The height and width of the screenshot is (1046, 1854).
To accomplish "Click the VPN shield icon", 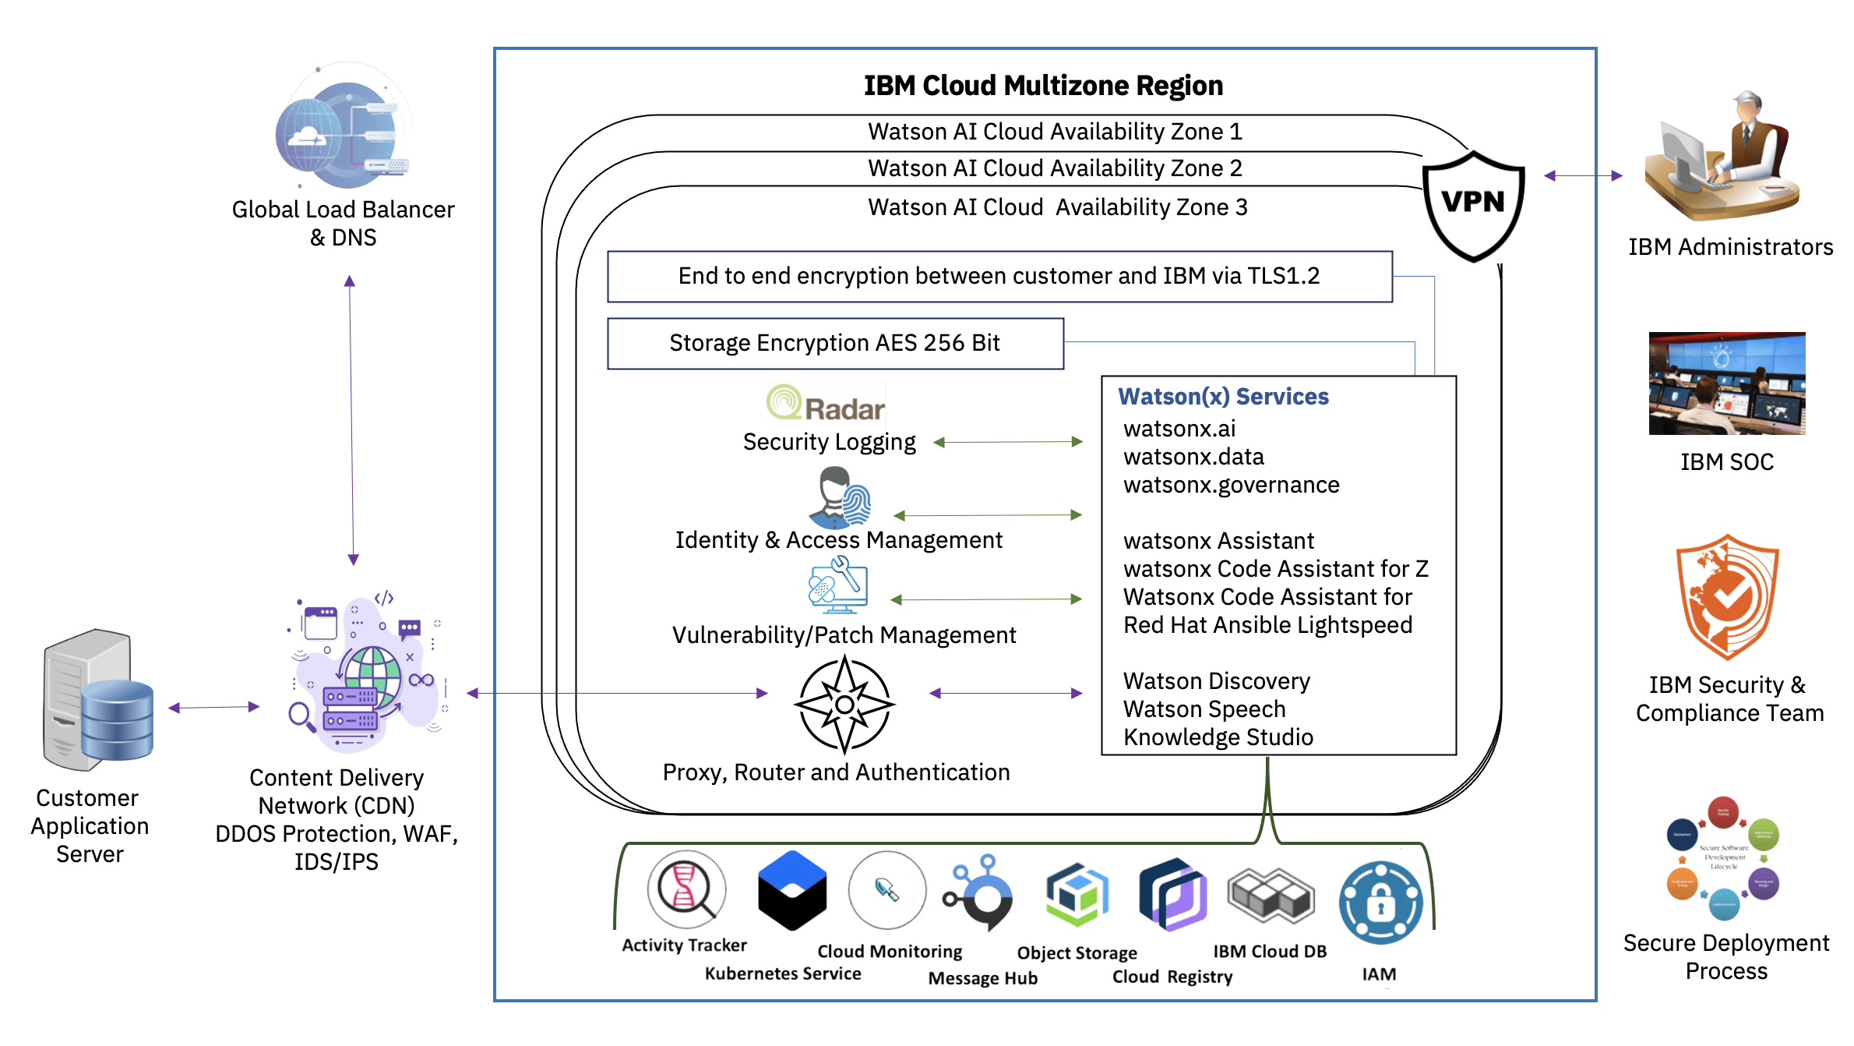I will [x=1473, y=204].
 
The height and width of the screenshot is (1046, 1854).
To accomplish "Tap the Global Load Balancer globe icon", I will [x=343, y=133].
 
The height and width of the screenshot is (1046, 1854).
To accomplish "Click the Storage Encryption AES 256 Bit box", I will [x=835, y=343].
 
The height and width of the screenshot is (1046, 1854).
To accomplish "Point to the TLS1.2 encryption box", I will [x=999, y=276].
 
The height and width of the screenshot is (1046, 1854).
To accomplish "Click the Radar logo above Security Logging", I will [x=826, y=404].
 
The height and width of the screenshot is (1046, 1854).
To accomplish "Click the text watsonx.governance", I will [x=1231, y=485].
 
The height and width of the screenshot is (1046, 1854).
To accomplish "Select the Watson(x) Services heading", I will [x=1223, y=397].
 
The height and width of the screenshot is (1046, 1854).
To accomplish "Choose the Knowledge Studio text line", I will [x=1218, y=737].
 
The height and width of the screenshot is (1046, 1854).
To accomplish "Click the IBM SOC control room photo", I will [x=1726, y=383].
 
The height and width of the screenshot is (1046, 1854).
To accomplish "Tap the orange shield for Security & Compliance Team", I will [x=1727, y=597].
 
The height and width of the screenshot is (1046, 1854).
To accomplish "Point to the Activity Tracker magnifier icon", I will [x=686, y=889].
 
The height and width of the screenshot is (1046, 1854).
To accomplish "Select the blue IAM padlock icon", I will [x=1380, y=903].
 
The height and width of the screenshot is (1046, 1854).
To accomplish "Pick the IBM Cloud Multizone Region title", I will [x=1043, y=86].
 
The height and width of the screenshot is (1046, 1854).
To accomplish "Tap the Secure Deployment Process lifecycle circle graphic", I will [x=1723, y=857].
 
